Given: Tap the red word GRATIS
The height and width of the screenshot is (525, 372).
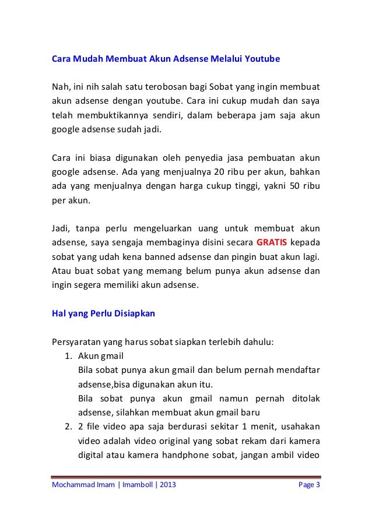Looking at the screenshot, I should click(272, 241).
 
